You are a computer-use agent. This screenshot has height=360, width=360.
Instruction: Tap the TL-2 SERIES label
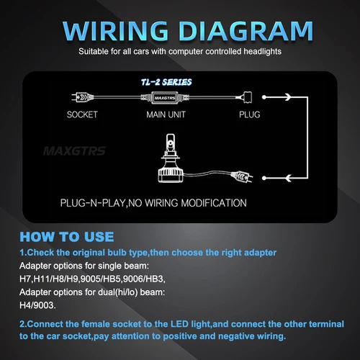pyautogui.click(x=166, y=82)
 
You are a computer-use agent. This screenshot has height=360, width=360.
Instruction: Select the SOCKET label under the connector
pyautogui.click(x=82, y=114)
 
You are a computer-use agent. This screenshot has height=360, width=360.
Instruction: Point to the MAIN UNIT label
pyautogui.click(x=165, y=114)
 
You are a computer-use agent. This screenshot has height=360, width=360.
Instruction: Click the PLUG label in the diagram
pyautogui.click(x=251, y=114)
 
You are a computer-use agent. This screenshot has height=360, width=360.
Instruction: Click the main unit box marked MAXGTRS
pyautogui.click(x=165, y=96)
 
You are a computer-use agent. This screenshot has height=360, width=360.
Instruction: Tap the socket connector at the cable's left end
pyautogui.click(x=80, y=96)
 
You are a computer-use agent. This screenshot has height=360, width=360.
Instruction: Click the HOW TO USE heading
pyautogui.click(x=66, y=237)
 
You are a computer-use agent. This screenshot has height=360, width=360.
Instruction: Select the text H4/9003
pyautogui.click(x=37, y=304)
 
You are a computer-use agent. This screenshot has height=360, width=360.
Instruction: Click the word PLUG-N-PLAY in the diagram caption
pyautogui.click(x=93, y=203)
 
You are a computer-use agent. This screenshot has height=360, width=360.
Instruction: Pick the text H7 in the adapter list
pyautogui.click(x=25, y=278)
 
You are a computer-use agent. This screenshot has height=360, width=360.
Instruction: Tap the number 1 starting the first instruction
pyautogui.click(x=22, y=253)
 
